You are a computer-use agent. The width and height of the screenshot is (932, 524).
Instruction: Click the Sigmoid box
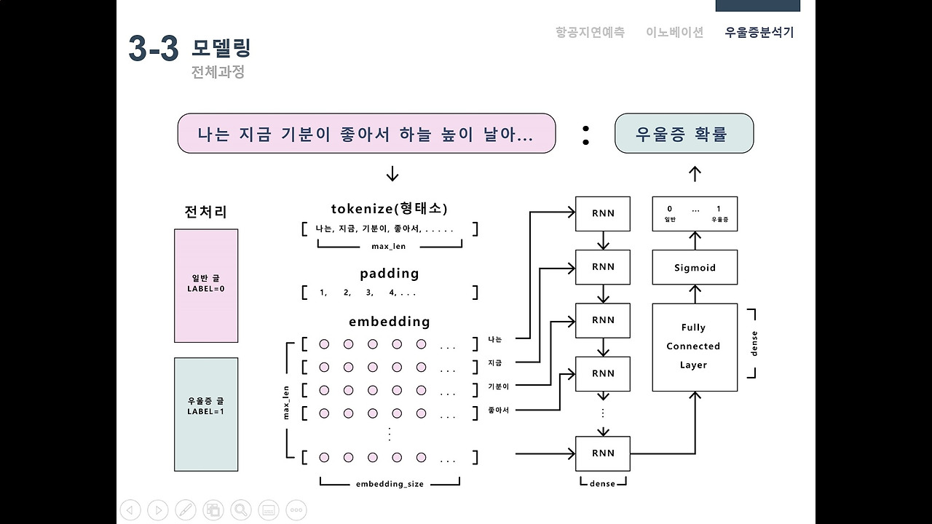695,267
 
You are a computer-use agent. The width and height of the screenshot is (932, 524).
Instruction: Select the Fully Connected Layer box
695,346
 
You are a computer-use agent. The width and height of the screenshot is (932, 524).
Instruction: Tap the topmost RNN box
603,213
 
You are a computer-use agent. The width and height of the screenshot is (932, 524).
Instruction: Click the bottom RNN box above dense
603,453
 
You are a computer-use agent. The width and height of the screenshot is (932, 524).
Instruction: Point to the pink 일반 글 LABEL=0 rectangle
206,285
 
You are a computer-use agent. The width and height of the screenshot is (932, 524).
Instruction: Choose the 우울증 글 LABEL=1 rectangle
206,413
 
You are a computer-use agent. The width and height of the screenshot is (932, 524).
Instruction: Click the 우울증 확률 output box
684,134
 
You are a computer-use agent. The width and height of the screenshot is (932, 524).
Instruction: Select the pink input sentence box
366,134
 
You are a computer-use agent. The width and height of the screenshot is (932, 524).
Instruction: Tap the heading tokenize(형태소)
390,209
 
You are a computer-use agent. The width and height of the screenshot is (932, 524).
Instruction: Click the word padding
390,274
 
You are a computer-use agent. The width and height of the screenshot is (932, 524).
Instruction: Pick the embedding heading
390,322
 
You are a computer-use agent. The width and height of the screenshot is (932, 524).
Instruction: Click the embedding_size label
390,484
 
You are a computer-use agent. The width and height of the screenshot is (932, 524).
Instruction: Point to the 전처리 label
206,212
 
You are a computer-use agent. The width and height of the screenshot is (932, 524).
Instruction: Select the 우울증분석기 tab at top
759,32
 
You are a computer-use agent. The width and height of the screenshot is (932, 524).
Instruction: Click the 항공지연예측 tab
590,32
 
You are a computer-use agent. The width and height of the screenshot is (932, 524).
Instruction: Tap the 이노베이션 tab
674,32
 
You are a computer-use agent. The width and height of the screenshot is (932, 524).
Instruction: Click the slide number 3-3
154,49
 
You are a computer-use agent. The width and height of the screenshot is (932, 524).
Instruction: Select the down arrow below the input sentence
392,174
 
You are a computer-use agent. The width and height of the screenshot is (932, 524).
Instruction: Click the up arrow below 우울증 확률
695,174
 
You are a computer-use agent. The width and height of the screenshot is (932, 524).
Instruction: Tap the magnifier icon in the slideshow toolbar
241,510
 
